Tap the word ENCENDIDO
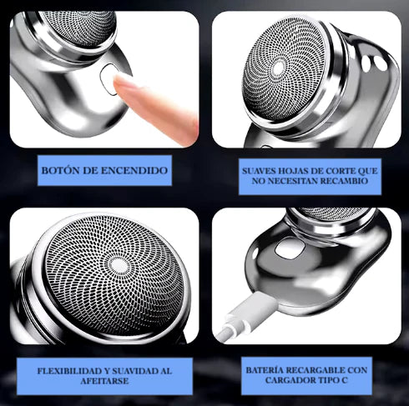coord(134,170)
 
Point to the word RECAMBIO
coord(344,181)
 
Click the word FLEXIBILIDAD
coord(69,371)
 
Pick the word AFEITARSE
coord(104,381)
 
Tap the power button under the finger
coord(109,78)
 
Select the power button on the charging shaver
coord(290,247)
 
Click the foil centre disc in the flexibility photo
coord(119,266)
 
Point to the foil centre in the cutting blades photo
coord(279,68)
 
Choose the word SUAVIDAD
coord(135,371)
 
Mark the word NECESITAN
coord(290,181)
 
